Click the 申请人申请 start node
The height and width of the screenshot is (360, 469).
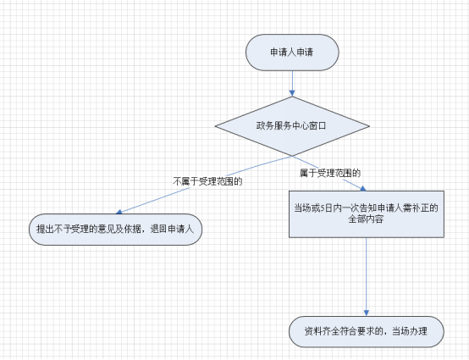coord(292,53)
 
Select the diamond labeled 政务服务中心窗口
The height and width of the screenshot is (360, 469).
coord(292,126)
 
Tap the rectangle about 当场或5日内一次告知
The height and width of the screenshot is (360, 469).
coord(367,214)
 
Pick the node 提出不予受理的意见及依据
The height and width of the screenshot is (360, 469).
coord(115,230)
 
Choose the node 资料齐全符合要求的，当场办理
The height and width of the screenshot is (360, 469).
coord(367,331)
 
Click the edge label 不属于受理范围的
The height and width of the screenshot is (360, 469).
coord(207,181)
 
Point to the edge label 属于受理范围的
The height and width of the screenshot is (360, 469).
coord(330,173)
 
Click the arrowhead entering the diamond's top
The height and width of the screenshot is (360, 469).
coord(292,93)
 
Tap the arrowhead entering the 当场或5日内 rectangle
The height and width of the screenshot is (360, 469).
coord(363,188)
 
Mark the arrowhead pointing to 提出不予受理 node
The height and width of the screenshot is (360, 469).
coord(119,212)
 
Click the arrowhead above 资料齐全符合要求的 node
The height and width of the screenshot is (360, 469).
coord(367,313)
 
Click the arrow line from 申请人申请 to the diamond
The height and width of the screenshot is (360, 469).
coord(292,84)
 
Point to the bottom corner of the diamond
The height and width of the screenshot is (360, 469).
coord(292,156)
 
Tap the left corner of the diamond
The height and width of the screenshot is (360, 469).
coord(215,126)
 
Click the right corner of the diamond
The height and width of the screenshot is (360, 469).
coord(370,126)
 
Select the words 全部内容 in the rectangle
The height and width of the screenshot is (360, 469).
coord(366,219)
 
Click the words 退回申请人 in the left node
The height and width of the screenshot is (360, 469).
coord(172,230)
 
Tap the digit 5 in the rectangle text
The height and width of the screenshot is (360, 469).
coord(323,208)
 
